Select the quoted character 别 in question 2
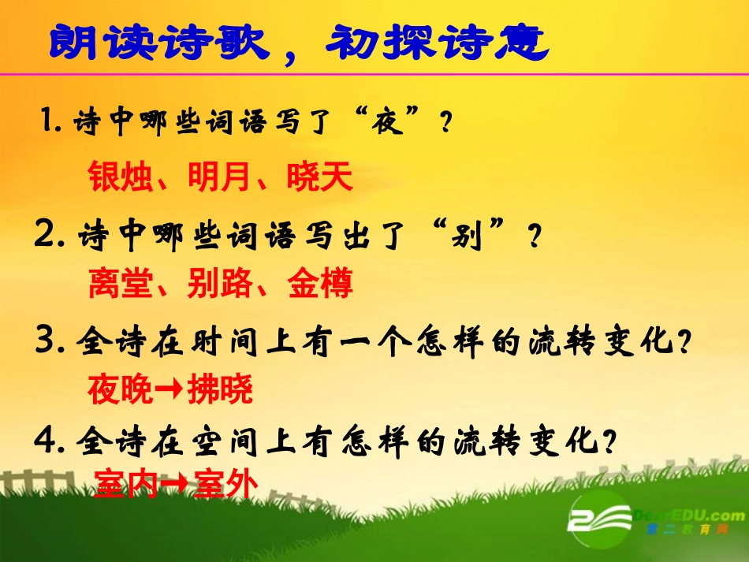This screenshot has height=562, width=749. coord(479,236)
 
